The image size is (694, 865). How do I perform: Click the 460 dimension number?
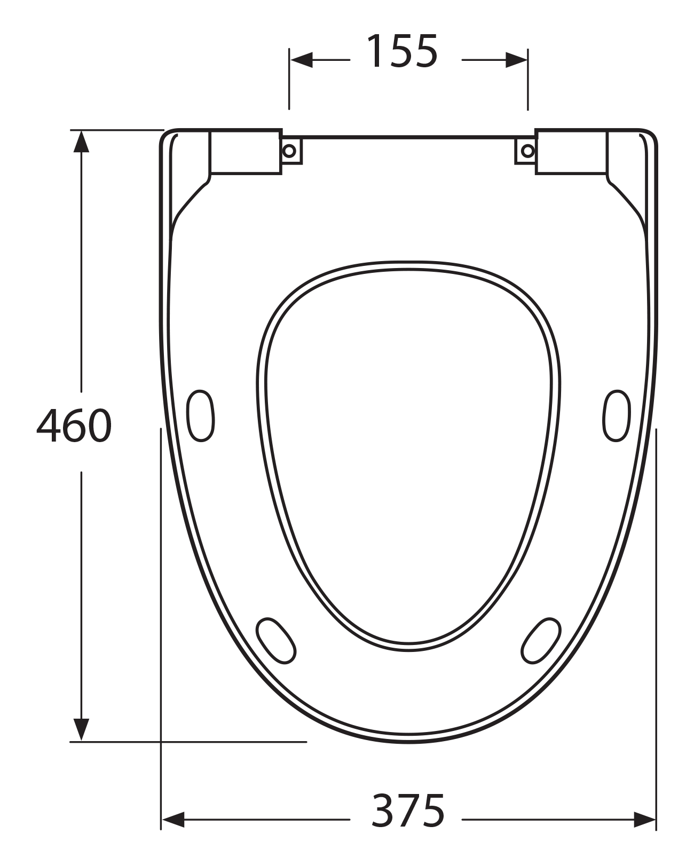click(x=74, y=426)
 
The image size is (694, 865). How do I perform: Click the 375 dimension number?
click(x=408, y=811)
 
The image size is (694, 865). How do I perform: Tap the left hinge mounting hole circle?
click(x=289, y=151)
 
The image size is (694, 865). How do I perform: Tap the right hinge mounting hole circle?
click(x=527, y=151)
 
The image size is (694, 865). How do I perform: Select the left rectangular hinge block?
click(x=246, y=152)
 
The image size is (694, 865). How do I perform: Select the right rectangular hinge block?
click(x=571, y=152)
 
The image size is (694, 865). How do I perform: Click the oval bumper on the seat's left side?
click(x=201, y=416)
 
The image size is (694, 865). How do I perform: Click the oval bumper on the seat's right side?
click(x=617, y=416)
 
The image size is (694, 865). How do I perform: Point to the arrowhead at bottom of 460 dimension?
click(x=81, y=729)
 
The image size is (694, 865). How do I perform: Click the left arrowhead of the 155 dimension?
click(x=301, y=60)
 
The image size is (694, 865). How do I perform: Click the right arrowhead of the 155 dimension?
click(x=516, y=60)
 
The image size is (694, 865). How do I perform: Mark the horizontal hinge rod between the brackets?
click(x=408, y=138)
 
